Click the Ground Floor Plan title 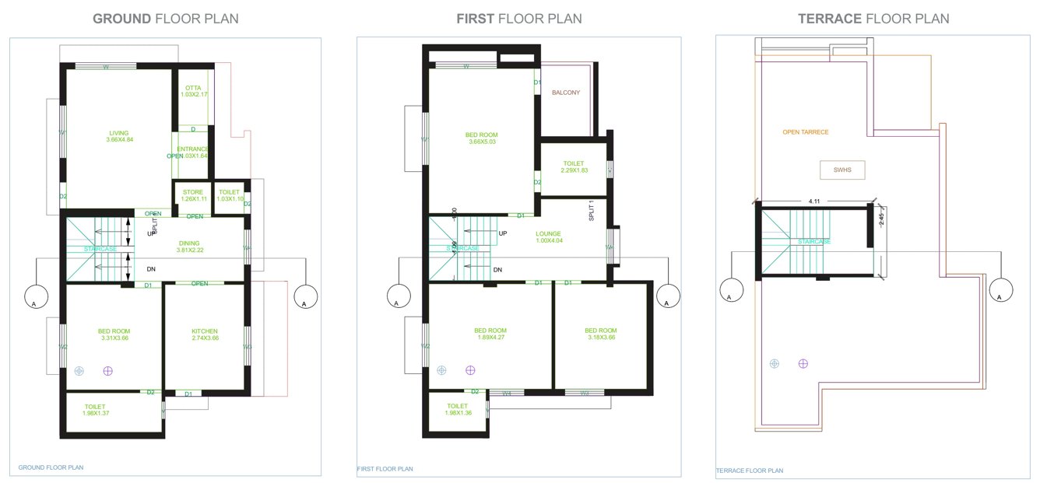click(x=165, y=18)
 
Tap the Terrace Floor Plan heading click(x=873, y=18)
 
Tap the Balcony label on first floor click(x=566, y=93)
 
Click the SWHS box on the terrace click(x=842, y=169)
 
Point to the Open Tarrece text click(x=806, y=132)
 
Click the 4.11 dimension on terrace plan click(x=814, y=201)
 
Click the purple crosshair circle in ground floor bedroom click(x=108, y=372)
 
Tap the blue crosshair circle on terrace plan click(x=774, y=363)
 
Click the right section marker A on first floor click(x=668, y=296)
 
